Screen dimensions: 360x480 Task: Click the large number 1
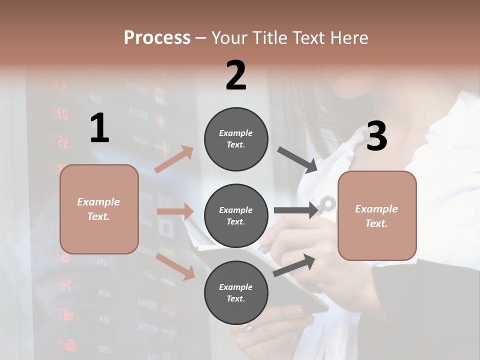[99, 128]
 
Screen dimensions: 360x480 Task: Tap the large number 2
[236, 75]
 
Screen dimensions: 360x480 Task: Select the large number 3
[376, 136]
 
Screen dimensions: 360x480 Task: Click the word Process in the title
[157, 37]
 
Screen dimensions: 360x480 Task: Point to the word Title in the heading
[269, 37]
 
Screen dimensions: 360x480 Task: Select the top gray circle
[236, 139]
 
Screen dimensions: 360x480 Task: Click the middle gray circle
[236, 215]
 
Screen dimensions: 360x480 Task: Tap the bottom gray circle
[236, 292]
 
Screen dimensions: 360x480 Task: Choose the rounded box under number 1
[99, 209]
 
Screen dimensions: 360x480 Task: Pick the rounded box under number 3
[377, 215]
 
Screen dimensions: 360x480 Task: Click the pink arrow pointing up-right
[174, 159]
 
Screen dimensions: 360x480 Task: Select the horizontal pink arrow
[175, 211]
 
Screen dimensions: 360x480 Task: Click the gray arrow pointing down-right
[297, 160]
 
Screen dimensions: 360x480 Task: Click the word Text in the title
[308, 37]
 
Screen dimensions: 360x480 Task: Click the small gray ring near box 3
[328, 203]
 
